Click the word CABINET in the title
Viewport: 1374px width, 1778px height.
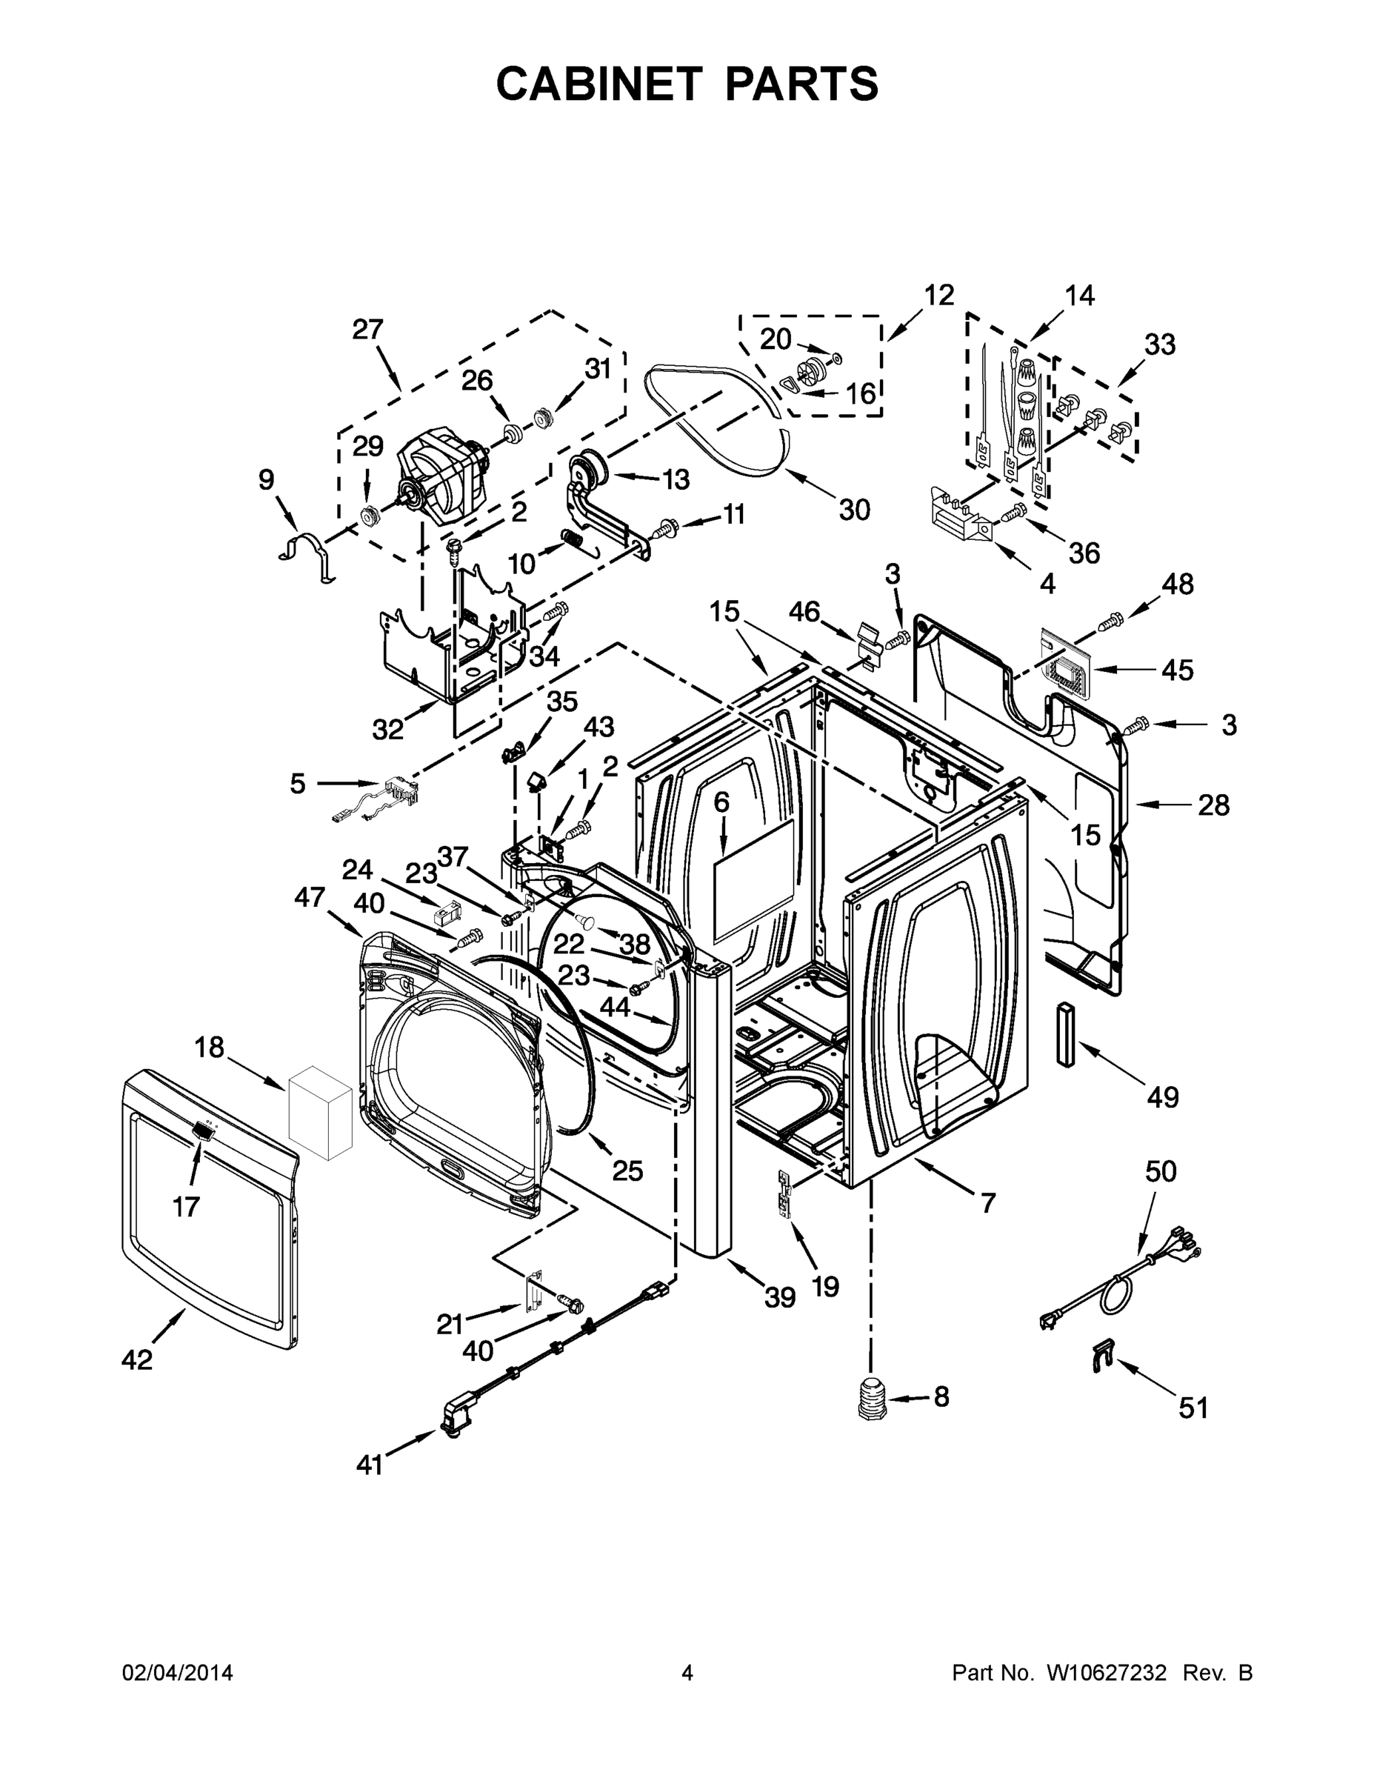[599, 83]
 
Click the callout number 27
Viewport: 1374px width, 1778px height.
[367, 330]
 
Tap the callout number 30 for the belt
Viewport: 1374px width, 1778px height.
[854, 510]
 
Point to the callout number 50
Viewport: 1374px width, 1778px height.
[1160, 1171]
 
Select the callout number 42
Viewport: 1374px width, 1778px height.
[137, 1359]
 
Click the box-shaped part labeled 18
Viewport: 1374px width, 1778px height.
[321, 1111]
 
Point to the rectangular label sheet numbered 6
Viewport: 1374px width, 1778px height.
[753, 876]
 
